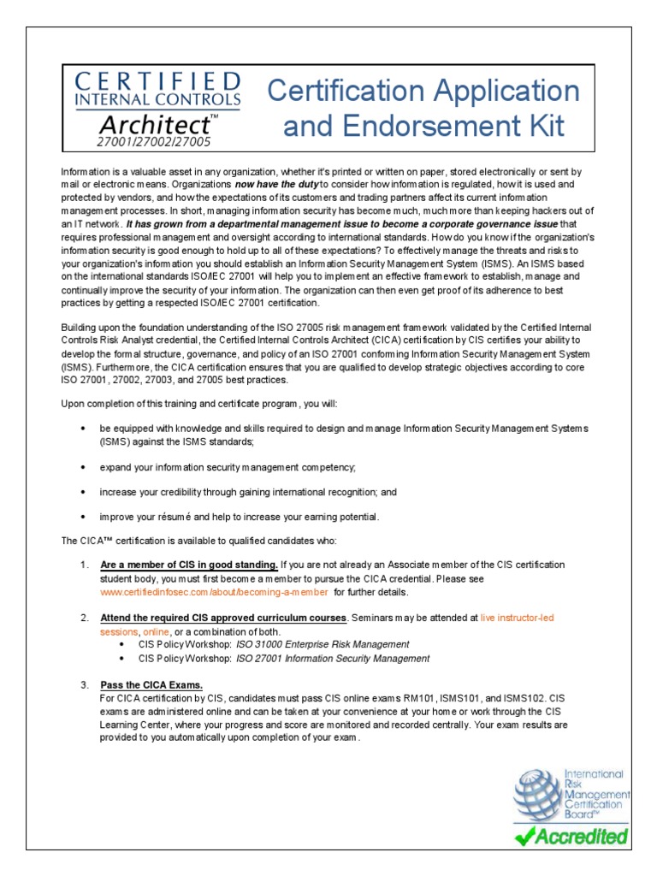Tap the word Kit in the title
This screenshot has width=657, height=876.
(x=544, y=127)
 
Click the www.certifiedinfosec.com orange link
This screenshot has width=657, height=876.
(x=214, y=592)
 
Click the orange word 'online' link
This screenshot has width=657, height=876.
(x=157, y=630)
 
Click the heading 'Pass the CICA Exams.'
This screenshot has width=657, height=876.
(x=151, y=685)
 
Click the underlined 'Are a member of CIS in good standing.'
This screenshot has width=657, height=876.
(x=188, y=565)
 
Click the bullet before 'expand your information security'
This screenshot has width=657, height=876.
(x=82, y=468)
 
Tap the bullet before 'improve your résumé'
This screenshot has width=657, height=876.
(x=82, y=517)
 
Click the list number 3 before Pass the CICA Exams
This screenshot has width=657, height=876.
(x=84, y=685)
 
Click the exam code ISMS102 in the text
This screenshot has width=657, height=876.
(x=520, y=698)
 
